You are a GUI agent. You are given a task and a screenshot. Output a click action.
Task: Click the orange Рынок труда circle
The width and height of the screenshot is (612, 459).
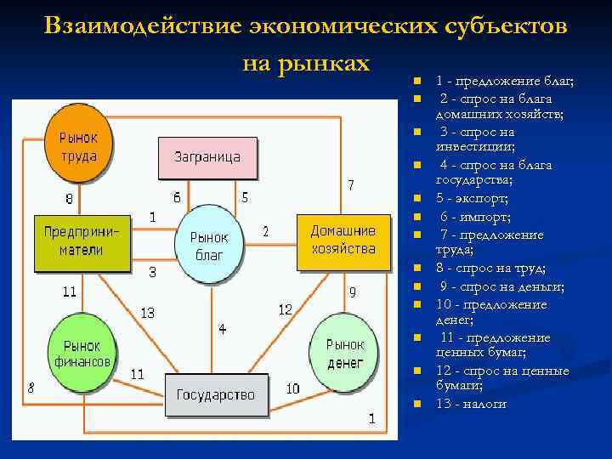[x=78, y=146]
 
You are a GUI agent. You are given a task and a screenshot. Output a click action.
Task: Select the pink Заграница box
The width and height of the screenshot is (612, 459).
[x=207, y=156]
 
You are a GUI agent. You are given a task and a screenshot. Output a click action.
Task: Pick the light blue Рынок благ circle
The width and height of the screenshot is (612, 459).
[x=208, y=244]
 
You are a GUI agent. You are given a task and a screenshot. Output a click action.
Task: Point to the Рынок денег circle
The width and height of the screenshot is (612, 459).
[x=344, y=353]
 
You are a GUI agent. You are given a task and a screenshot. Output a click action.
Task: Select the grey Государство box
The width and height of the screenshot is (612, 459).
[x=215, y=394]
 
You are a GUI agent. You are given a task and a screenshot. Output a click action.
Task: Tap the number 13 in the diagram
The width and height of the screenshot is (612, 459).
[x=147, y=313]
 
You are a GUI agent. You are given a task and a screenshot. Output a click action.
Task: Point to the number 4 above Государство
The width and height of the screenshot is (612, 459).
[x=222, y=328]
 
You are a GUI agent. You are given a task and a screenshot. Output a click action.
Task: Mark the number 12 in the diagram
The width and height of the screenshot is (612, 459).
[x=285, y=309]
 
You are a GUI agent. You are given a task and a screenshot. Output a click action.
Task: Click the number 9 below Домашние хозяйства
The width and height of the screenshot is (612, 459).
[x=352, y=292]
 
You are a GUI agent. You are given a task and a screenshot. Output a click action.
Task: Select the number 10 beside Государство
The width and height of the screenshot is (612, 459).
[x=292, y=388]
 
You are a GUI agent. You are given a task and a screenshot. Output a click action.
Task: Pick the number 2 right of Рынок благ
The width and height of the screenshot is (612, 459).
[x=265, y=231]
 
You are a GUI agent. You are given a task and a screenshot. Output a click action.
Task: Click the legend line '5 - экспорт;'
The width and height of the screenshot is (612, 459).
[x=472, y=198]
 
